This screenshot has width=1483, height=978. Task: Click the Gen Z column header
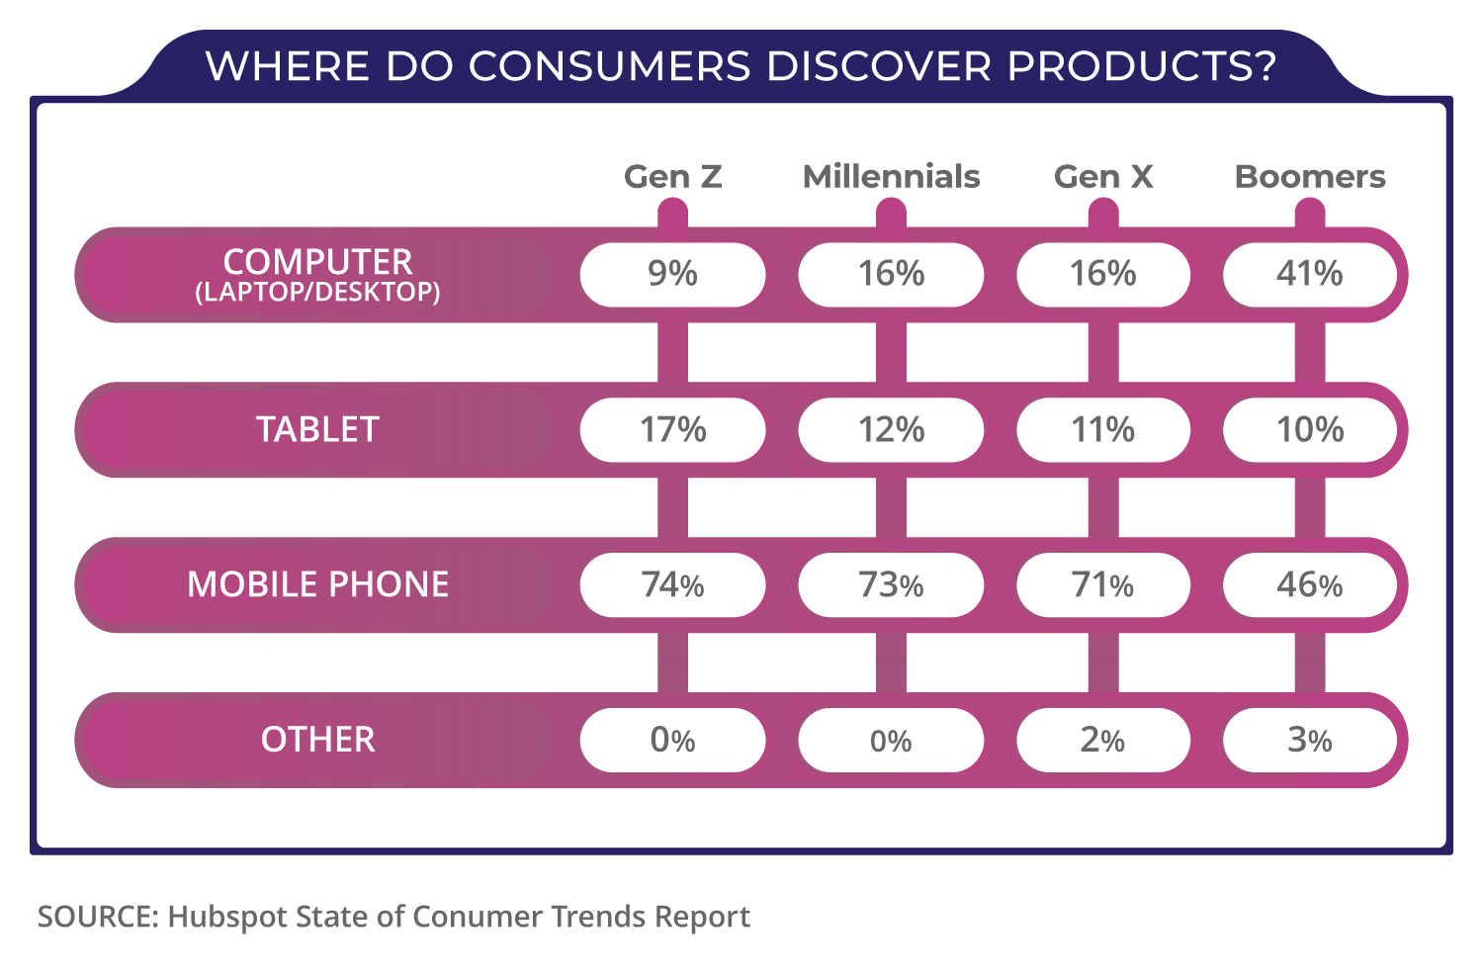tap(672, 176)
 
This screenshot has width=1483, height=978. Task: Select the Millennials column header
tap(891, 176)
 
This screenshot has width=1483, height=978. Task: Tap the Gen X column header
tap(1103, 176)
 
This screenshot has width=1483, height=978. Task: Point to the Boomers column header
tap(1310, 176)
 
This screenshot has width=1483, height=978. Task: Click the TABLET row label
tap(317, 430)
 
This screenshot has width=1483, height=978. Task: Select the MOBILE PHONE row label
tap(317, 584)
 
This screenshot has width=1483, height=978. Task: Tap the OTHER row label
tap(317, 740)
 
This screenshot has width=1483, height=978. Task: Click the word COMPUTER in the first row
tap(317, 262)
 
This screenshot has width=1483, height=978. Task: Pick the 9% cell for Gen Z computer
tap(672, 274)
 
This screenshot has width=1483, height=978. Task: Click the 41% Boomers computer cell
tap(1310, 274)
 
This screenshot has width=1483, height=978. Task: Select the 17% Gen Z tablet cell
tap(672, 430)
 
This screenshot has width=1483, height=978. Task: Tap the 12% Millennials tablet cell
tap(891, 430)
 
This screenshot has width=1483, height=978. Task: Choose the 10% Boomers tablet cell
tap(1310, 430)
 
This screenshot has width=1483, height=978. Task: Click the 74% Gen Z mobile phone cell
tap(672, 584)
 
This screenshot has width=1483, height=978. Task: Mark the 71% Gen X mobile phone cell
tap(1103, 584)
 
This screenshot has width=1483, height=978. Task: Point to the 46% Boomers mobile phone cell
tap(1310, 584)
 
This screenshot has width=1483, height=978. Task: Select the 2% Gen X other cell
tap(1103, 740)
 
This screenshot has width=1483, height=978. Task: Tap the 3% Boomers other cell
tap(1310, 740)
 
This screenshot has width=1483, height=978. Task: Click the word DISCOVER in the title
tap(878, 66)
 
